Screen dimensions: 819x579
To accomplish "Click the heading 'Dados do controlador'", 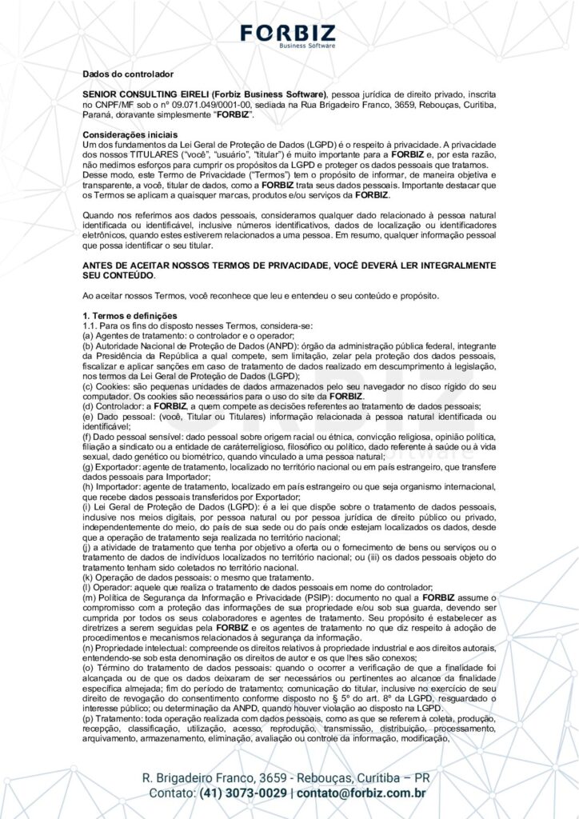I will click(129, 74).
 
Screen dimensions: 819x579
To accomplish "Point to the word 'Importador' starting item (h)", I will click(121, 486).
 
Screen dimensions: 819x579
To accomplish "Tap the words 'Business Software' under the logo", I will click(307, 46).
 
